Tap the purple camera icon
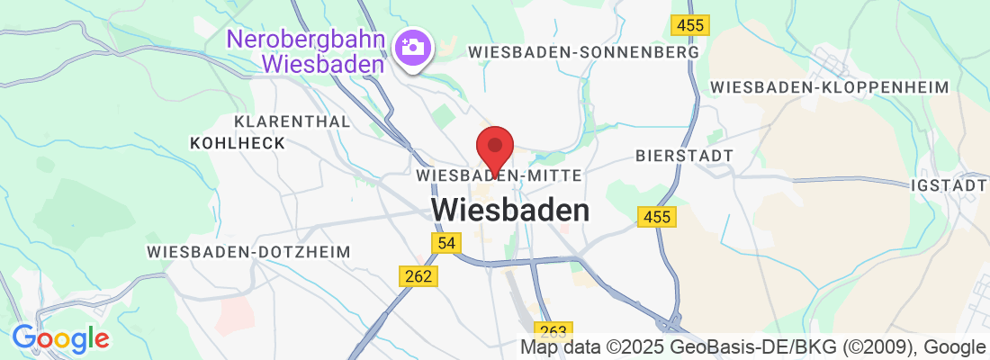coord(413,45)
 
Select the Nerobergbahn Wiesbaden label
coord(306,52)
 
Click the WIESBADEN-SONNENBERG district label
coord(584,53)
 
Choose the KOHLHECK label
coord(238,143)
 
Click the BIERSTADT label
coord(684,156)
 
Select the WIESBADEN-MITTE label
coord(500,175)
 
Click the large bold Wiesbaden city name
coord(510,211)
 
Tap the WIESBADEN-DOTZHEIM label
coord(248,252)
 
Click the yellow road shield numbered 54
coord(445,243)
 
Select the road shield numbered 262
coord(418,276)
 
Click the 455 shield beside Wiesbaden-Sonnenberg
coord(690,25)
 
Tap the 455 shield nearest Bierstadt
coord(656,217)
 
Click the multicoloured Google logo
coord(60,339)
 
